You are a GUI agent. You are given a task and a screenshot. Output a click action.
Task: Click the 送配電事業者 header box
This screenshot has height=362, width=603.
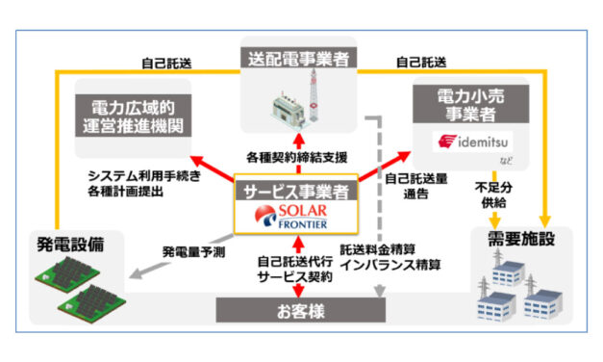302,56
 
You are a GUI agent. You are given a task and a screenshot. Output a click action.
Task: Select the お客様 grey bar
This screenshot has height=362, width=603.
301,309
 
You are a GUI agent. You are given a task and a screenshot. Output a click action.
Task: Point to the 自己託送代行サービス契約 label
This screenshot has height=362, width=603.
300,267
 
